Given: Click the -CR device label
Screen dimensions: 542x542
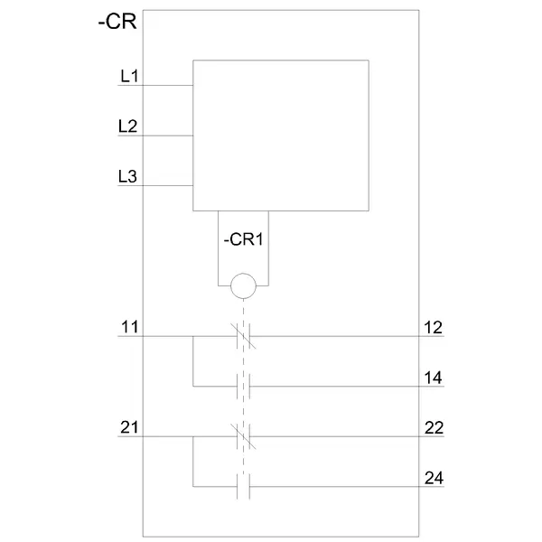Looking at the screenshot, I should pos(117,23).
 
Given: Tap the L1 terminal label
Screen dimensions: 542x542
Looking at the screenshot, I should pos(128,77).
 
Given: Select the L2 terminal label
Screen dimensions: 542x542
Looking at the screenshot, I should pos(128,127).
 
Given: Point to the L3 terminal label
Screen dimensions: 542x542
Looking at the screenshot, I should pos(128,177).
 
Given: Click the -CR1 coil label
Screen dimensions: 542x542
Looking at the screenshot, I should pos(243,240).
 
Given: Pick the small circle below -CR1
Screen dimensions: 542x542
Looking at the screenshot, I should pos(243,286).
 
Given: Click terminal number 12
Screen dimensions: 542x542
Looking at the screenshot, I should pos(434,327).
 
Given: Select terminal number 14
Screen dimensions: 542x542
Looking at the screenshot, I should pos(434,378).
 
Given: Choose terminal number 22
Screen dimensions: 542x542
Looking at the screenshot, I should pos(434,427).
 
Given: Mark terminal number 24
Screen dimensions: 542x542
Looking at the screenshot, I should pos(434,478).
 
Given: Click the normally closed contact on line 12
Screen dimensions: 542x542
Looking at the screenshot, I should pos(243,337).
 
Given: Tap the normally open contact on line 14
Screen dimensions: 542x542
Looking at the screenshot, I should pos(243,387).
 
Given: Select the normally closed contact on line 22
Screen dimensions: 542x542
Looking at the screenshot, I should pos(243,437).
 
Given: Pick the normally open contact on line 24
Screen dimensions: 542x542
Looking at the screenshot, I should pos(243,487).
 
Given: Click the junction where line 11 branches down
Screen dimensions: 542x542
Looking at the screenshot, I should pos(193,337).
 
